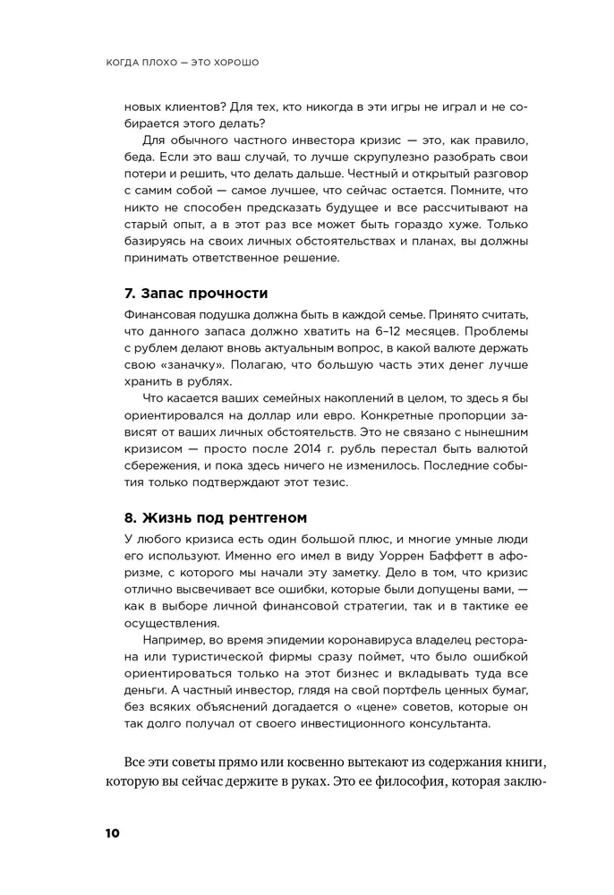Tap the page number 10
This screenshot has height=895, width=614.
[110, 832]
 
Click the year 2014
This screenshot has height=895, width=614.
[291, 446]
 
